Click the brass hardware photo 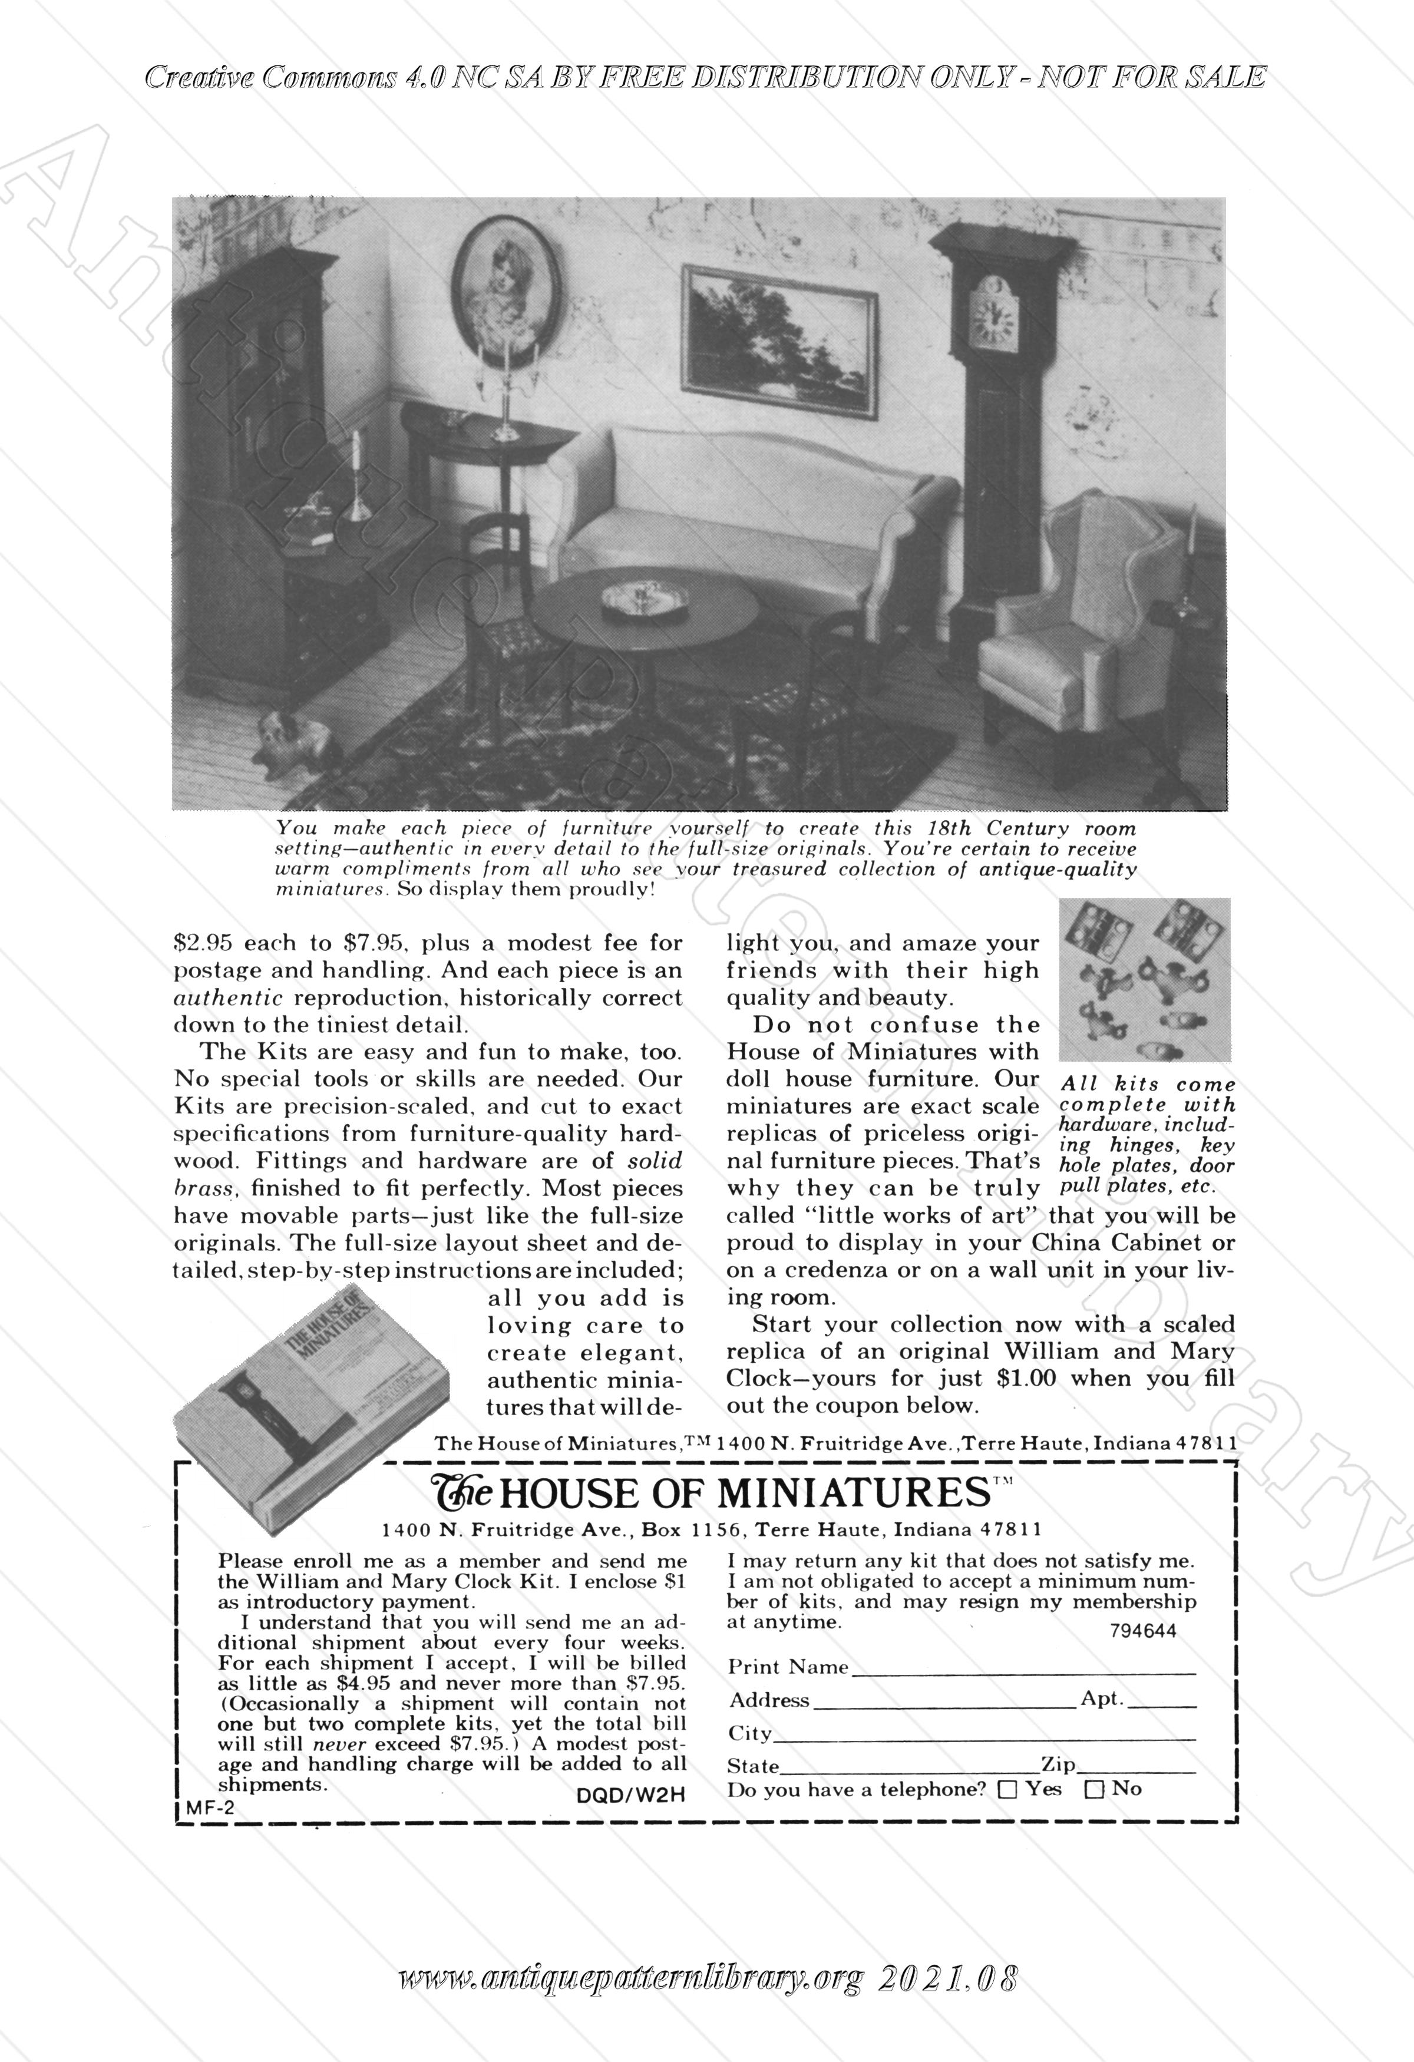pyautogui.click(x=1144, y=980)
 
